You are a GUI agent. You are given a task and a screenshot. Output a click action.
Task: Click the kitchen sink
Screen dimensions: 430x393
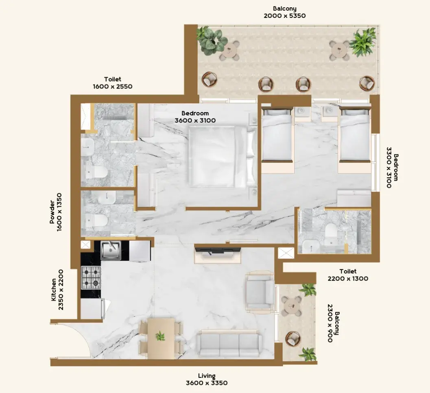(x=111, y=250)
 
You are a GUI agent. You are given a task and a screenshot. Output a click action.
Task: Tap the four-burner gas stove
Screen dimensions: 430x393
(x=91, y=278)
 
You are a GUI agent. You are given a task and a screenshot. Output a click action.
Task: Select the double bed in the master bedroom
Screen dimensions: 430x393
(x=223, y=157)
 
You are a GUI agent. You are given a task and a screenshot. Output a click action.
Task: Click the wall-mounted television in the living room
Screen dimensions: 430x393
(x=218, y=250)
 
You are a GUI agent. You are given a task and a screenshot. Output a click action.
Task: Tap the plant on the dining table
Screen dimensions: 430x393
(x=160, y=336)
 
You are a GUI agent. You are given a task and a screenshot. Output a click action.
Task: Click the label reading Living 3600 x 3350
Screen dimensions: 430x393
(x=207, y=379)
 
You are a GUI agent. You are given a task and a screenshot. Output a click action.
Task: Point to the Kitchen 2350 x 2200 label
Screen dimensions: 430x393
(x=57, y=290)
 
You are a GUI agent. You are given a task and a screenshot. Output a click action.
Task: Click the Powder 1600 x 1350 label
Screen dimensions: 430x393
(x=56, y=212)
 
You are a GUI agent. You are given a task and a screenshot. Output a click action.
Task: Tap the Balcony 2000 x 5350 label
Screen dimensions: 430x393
(x=285, y=12)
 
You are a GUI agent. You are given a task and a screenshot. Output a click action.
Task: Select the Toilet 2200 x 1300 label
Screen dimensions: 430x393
(x=348, y=275)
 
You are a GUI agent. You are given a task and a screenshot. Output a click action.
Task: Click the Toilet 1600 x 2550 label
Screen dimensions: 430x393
(x=112, y=83)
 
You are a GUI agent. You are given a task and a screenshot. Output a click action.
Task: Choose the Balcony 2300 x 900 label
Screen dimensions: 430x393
(x=333, y=323)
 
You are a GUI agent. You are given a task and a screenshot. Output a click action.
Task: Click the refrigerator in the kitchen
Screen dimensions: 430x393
(x=92, y=309)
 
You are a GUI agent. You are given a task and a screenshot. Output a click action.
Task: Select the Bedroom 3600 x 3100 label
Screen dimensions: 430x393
(x=195, y=117)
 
